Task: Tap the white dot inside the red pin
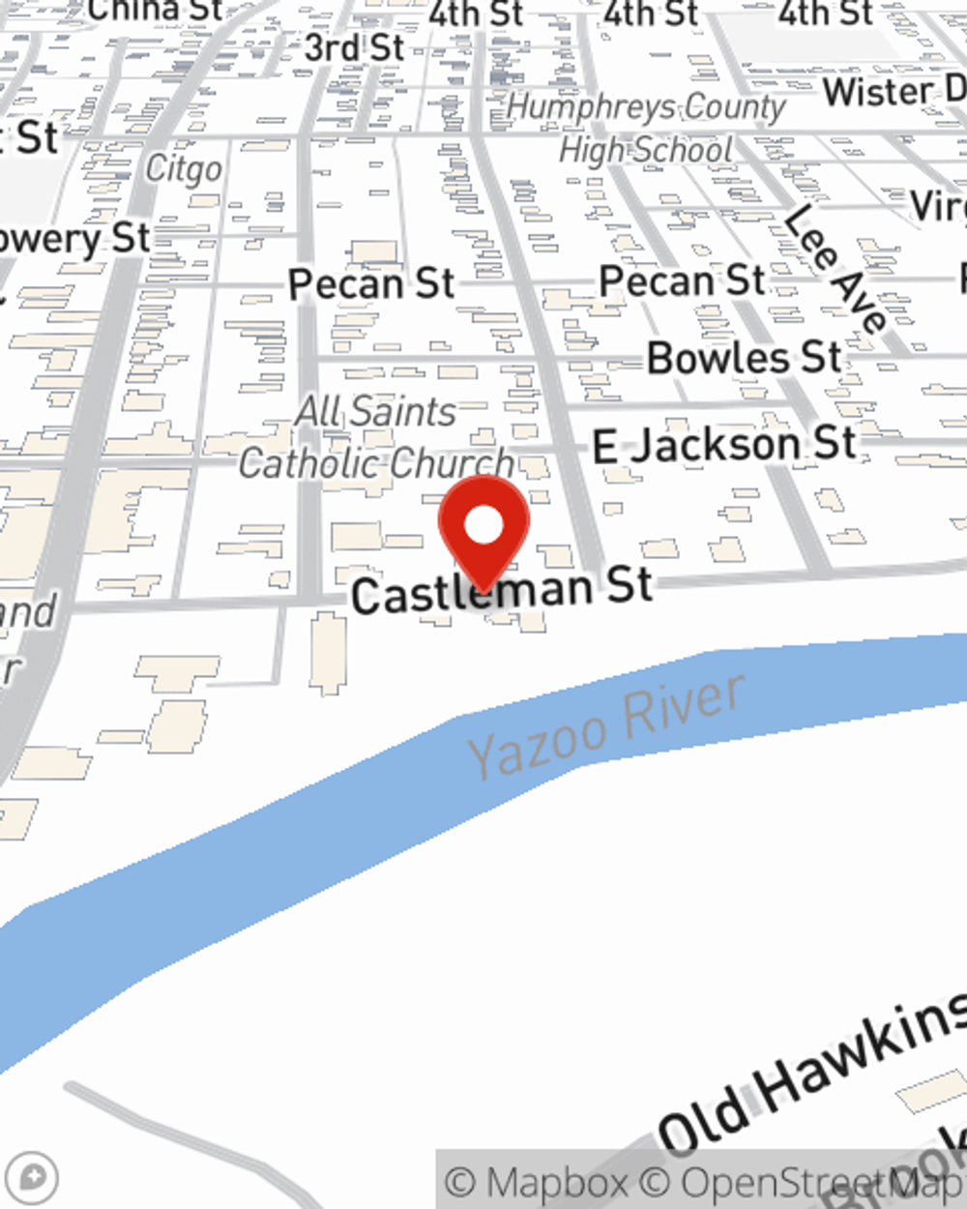483,526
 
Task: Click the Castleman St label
501,589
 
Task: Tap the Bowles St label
744,358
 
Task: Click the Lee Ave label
835,270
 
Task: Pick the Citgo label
184,169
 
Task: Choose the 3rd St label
354,46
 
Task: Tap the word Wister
878,93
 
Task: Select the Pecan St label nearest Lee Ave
682,281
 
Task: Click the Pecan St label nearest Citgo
371,284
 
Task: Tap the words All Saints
375,411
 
